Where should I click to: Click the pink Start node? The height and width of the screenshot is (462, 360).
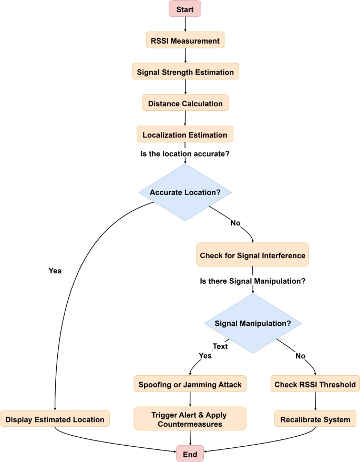click(185, 9)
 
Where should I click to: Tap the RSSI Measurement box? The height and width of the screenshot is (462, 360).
click(185, 40)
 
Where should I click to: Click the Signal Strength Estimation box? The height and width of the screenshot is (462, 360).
click(185, 71)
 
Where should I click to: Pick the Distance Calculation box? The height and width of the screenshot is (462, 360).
click(185, 103)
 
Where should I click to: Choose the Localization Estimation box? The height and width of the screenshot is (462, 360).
click(185, 135)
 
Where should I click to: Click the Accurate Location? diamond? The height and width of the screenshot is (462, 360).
click(185, 192)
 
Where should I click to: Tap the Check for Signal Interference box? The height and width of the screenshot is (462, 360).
click(252, 255)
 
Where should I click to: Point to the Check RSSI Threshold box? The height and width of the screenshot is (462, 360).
click(315, 384)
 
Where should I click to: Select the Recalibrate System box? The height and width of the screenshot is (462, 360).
click(315, 419)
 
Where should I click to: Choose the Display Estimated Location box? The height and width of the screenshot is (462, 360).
click(55, 419)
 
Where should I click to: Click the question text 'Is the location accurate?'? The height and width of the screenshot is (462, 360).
click(184, 154)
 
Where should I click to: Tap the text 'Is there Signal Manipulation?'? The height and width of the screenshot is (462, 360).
click(253, 281)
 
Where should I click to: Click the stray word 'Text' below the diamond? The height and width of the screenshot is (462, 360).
click(220, 347)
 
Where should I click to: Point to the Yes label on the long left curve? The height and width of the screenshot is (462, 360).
click(55, 271)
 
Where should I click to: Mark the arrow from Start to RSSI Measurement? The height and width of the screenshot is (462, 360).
click(185, 24)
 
